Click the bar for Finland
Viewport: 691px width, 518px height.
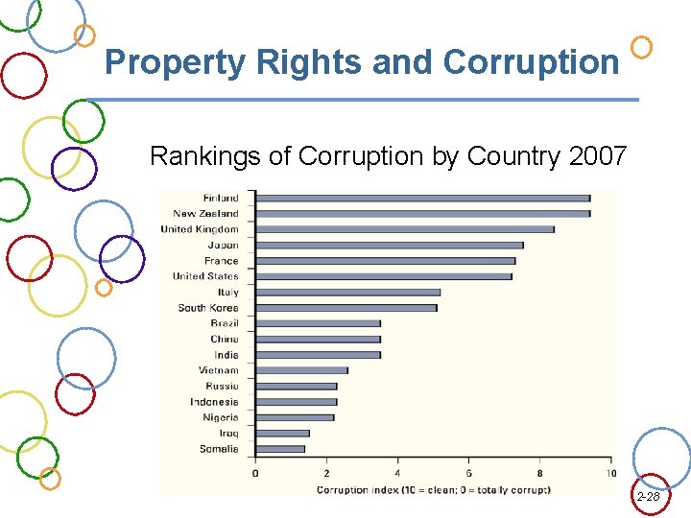tap(422, 198)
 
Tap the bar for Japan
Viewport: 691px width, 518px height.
tap(389, 245)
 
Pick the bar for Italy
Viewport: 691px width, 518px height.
tap(347, 292)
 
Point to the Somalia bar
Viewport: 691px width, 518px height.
tap(280, 449)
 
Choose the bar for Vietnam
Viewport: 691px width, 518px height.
tap(301, 370)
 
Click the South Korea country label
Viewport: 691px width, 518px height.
tap(208, 308)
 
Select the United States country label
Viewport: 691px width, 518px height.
tap(205, 276)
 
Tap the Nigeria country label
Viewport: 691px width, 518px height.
tap(221, 417)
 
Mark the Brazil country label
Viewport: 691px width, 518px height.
tap(225, 323)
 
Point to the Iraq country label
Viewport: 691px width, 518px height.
tap(228, 434)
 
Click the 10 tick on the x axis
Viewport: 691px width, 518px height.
tap(610, 473)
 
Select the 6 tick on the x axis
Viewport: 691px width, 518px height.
tap(468, 473)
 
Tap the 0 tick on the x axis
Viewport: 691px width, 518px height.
tap(255, 473)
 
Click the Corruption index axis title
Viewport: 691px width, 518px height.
tap(434, 489)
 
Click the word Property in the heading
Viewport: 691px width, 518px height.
tap(176, 63)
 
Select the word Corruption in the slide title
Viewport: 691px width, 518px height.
tap(531, 63)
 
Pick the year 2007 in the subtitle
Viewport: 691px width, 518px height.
tap(598, 155)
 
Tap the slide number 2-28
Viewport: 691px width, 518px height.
tap(648, 497)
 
